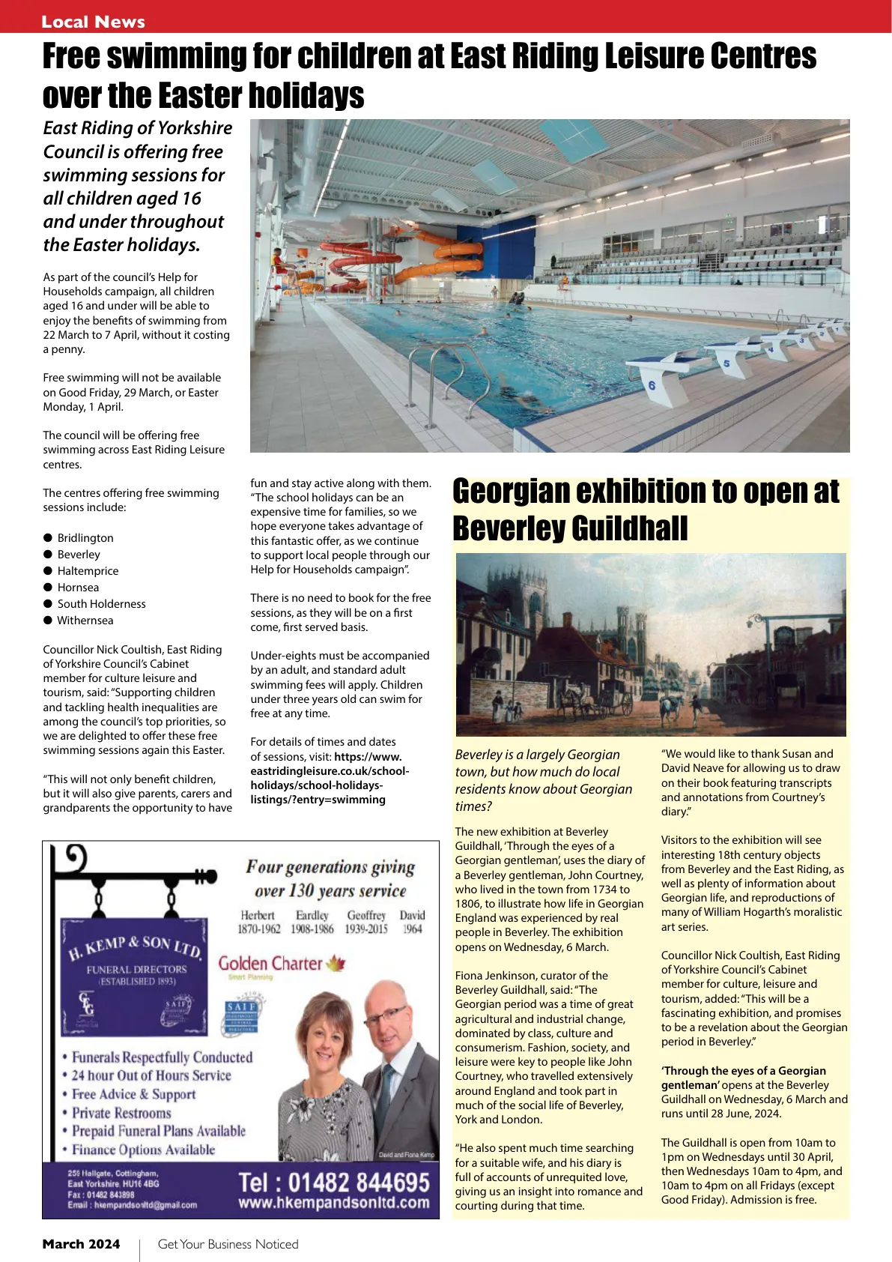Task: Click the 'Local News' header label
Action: click(93, 22)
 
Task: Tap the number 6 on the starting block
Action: click(652, 385)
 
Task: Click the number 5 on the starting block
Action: click(726, 363)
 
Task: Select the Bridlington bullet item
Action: click(85, 538)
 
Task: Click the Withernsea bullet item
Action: click(85, 621)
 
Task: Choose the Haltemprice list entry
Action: click(88, 571)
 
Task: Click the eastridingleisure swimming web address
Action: click(329, 778)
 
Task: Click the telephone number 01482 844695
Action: click(333, 1183)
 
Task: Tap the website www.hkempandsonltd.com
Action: click(333, 1204)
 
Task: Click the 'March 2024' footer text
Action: click(81, 1244)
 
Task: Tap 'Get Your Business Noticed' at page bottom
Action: click(228, 1244)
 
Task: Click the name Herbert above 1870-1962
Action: click(258, 915)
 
